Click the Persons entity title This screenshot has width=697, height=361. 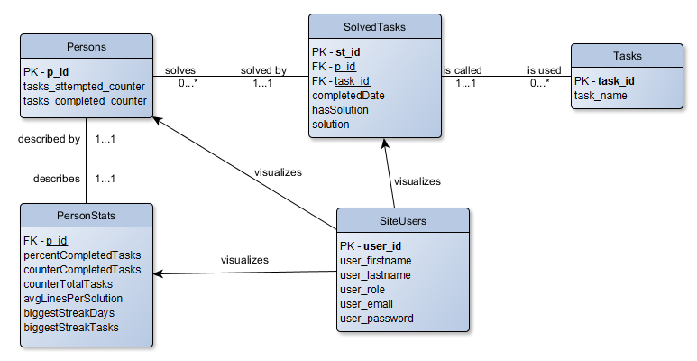pyautogui.click(x=87, y=47)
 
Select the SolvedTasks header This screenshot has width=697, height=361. pyautogui.click(x=374, y=27)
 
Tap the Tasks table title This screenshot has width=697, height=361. pyautogui.click(x=628, y=56)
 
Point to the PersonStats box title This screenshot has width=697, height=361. pyautogui.click(x=87, y=216)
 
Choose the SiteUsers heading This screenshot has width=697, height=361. pyautogui.click(x=403, y=221)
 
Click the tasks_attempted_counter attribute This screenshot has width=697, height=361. pyautogui.click(x=84, y=87)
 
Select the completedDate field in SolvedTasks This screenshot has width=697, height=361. pyautogui.click(x=348, y=96)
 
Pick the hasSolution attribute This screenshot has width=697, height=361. pyautogui.click(x=340, y=110)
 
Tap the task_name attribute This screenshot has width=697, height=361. pyautogui.click(x=601, y=96)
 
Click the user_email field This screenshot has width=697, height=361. pyautogui.click(x=366, y=304)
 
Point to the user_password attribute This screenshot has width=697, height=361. pyautogui.click(x=377, y=319)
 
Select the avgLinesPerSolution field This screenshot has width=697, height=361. pyautogui.click(x=73, y=298)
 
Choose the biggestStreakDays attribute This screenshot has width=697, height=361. pyautogui.click(x=69, y=313)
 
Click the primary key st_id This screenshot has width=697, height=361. pyautogui.click(x=348, y=52)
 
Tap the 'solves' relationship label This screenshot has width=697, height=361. pyautogui.click(x=180, y=70)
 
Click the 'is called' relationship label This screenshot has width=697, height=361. pyautogui.click(x=463, y=70)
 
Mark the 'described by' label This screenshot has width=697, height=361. pyautogui.click(x=49, y=139)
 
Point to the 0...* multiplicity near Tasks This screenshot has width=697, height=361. pyautogui.click(x=539, y=83)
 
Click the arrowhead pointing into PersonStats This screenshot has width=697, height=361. pyautogui.click(x=159, y=273)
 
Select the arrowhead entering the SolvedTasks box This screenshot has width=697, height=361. pyautogui.click(x=385, y=143)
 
